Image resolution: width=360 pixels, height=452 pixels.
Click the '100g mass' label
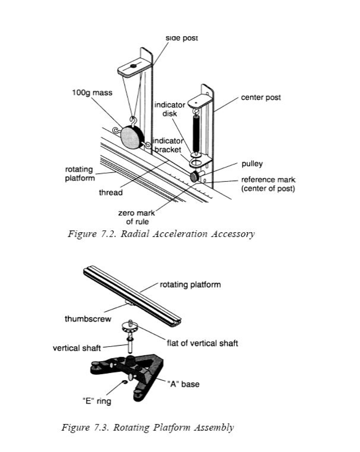92,93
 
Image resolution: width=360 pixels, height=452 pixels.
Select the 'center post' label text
261,97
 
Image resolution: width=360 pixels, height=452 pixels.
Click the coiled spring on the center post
196,132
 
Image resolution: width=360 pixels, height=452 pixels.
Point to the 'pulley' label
252,164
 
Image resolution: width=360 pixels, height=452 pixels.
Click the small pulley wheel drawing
194,177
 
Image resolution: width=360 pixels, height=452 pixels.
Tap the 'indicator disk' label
169,109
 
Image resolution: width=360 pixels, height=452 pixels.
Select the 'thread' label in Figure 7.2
110,192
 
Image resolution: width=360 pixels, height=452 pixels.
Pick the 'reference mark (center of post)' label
268,185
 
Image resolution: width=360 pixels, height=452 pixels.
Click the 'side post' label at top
182,38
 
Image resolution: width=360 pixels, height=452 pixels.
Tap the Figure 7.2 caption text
161,234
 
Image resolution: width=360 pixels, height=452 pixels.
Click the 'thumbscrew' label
88,319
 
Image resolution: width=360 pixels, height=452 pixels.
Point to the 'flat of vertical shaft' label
202,343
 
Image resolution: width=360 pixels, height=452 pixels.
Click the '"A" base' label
183,384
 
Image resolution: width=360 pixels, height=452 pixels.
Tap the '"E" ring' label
97,401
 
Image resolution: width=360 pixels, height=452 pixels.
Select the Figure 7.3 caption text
148,427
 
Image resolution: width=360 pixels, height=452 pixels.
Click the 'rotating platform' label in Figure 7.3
190,285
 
